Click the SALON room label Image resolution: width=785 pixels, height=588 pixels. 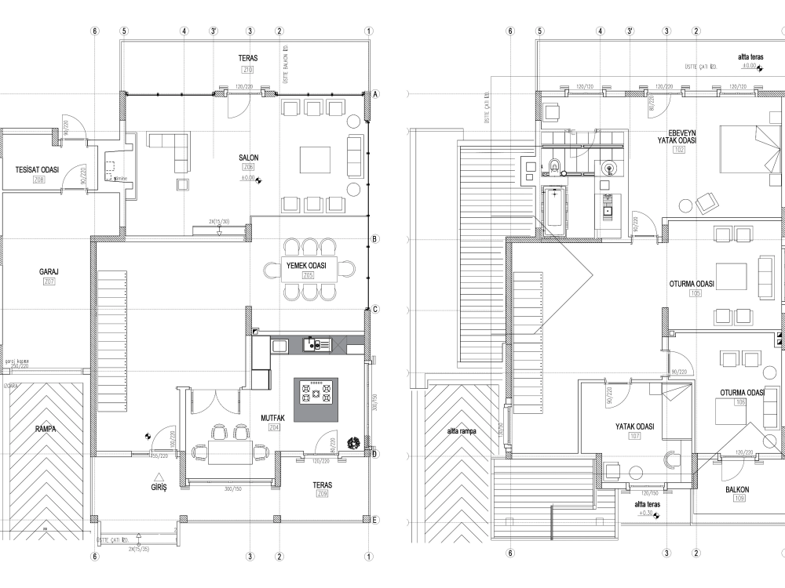point(249,158)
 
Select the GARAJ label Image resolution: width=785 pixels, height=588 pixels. point(49,271)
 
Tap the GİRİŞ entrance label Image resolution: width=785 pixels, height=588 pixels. point(159,485)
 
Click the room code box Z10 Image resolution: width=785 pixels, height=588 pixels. point(248,70)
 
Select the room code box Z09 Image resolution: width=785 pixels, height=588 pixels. point(322,495)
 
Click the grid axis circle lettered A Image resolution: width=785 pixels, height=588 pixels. point(375,94)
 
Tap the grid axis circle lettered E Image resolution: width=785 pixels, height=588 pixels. point(375,520)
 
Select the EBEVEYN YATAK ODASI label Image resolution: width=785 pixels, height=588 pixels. point(677,136)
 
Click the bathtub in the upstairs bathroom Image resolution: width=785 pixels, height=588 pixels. point(554,209)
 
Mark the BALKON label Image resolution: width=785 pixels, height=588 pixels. point(736,490)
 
